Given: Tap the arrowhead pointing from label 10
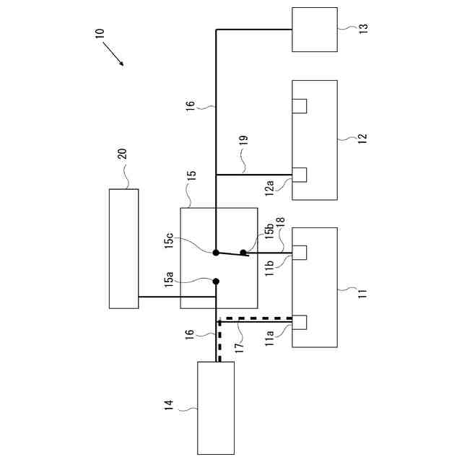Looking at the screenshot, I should tap(122, 64).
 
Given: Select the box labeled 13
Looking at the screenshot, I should tap(314, 30).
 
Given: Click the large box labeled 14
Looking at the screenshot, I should tap(216, 408).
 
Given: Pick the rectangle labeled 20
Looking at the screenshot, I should tap(123, 248).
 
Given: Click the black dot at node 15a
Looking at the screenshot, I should tap(215, 282).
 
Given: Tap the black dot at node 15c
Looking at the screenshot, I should tap(216, 253).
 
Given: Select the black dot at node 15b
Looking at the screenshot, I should tap(243, 253).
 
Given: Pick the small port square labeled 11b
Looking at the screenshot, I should tap(300, 253).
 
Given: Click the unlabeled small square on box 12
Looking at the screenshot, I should tap(300, 105).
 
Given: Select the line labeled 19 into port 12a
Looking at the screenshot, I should tap(253, 175).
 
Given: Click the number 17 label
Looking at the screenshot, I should tap(238, 346).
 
